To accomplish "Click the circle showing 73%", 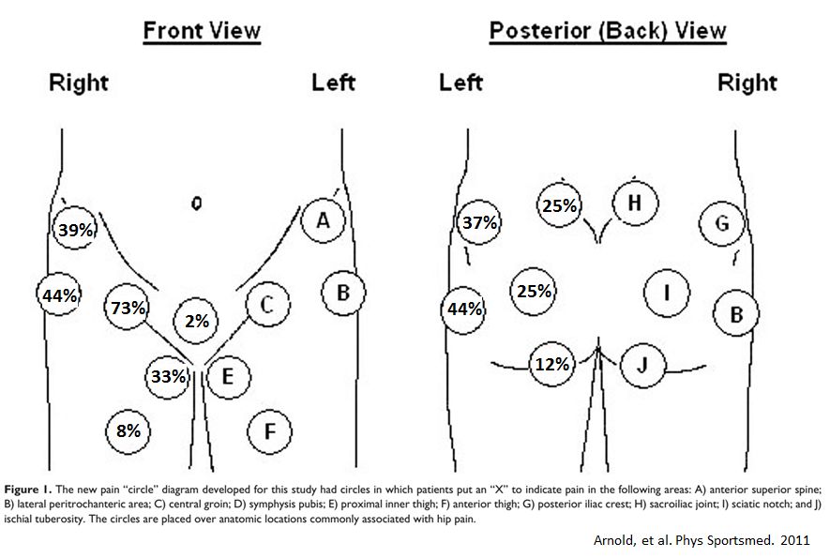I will coord(128,308).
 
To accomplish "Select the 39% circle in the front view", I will coord(74,229).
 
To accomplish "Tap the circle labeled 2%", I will coord(197,321).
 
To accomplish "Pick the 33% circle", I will coord(168,377).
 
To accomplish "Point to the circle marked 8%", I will coord(128,431).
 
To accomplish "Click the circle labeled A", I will coord(324,221).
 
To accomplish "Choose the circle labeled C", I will coord(266,305).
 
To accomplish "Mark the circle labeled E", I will coord(225,377).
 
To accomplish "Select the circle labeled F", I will coord(269,431).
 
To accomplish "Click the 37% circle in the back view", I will coord(480,223).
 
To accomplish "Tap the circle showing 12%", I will coord(552,364).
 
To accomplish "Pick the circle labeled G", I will coord(721,224).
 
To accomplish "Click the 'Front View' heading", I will coord(202,31).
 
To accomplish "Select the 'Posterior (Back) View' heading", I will coord(608,31).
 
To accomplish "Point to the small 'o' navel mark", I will coord(196,203).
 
